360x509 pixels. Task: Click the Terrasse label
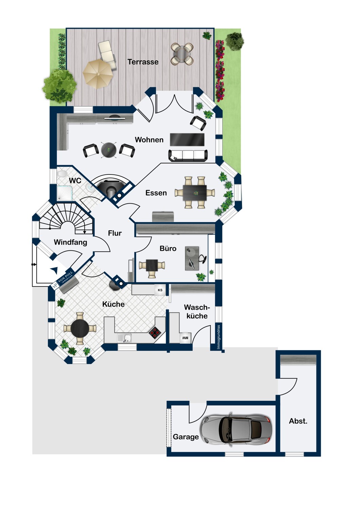pos(143,62)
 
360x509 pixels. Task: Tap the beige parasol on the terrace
pos(98,74)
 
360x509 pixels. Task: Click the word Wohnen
pos(149,140)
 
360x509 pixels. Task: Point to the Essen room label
pos(156,193)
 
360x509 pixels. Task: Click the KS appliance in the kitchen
pos(160,290)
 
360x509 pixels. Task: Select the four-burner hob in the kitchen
pos(155,333)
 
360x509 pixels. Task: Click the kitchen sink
pos(124,338)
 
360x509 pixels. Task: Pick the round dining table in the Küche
pos(80,328)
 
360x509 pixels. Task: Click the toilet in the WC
pos(61,174)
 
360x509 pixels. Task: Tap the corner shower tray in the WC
pos(65,193)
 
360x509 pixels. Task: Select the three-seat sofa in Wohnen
pos(188,155)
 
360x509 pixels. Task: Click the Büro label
pos(168,248)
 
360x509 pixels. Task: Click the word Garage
pos(185,437)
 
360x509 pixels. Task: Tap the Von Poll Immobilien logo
pos(63,280)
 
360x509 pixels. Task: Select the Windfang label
pos(70,242)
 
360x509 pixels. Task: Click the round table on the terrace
pos(182,54)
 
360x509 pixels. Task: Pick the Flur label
pos(115,233)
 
